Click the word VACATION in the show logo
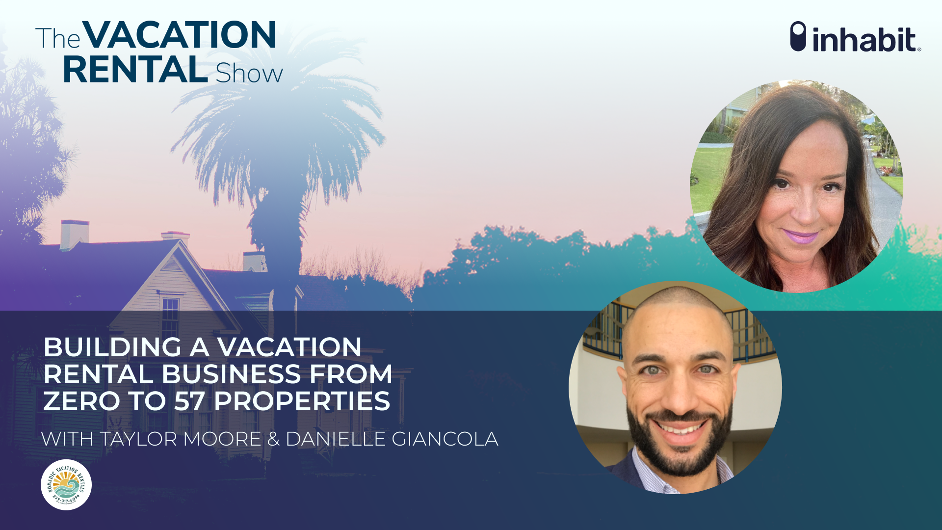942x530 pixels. [x=179, y=35]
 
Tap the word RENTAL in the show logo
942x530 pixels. [x=135, y=70]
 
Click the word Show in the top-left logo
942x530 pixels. [x=249, y=74]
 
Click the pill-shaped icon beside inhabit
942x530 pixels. [x=798, y=36]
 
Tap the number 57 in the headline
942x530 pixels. [x=189, y=401]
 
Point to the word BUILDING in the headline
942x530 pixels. [x=112, y=347]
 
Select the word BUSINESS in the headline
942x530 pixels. [x=231, y=374]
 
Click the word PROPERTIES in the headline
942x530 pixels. [x=302, y=401]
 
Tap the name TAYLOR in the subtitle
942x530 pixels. [x=139, y=439]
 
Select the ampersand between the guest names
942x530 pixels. [x=273, y=439]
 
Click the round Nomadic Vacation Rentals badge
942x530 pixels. [x=66, y=485]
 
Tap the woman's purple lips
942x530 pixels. [x=799, y=237]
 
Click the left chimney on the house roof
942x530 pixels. [x=75, y=235]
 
